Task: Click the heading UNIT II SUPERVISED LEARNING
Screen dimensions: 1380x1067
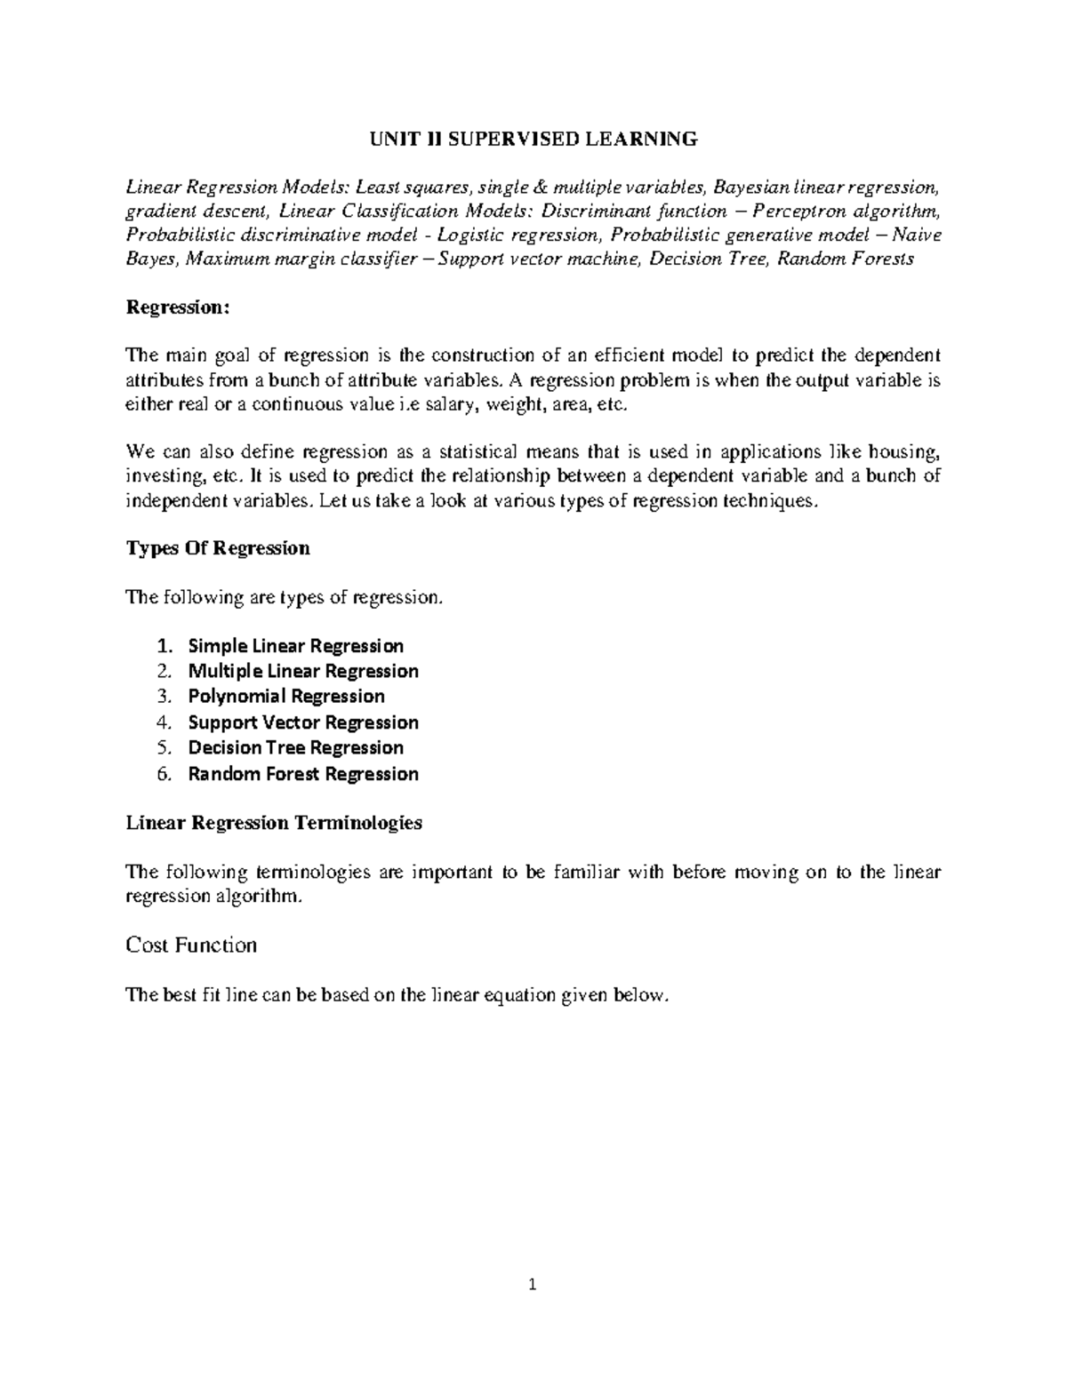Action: pyautogui.click(x=533, y=139)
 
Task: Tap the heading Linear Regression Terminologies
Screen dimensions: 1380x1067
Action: pyautogui.click(x=274, y=823)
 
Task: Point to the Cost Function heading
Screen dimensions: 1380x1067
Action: pyautogui.click(x=191, y=945)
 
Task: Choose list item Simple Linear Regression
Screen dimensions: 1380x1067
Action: pyautogui.click(x=295, y=646)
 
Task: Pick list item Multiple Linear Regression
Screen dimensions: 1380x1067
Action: pyautogui.click(x=303, y=671)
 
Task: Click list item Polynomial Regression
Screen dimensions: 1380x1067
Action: pyautogui.click(x=286, y=697)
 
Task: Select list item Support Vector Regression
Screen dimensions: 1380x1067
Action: pyautogui.click(x=303, y=722)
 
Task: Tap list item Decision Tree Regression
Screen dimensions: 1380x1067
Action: pyautogui.click(x=295, y=748)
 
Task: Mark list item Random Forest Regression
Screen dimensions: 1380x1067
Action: pyautogui.click(x=303, y=774)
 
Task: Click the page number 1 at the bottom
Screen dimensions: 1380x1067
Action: pyautogui.click(x=532, y=1284)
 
